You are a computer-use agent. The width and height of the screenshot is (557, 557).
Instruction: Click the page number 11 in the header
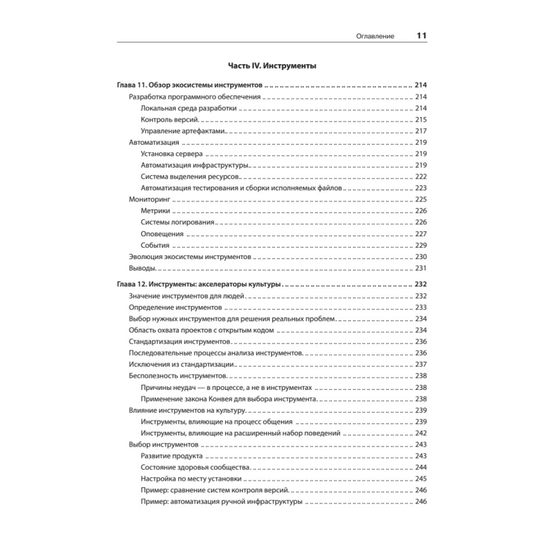click(x=421, y=36)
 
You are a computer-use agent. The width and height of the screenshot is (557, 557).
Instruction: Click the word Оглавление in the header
click(x=375, y=36)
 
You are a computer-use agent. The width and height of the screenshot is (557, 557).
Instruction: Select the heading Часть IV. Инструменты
click(x=272, y=66)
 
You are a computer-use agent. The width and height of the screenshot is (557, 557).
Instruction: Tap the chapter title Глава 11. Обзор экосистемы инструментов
click(x=189, y=86)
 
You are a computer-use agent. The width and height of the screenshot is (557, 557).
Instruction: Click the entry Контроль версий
click(x=170, y=120)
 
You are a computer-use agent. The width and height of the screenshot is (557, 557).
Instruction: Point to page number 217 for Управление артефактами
click(x=421, y=131)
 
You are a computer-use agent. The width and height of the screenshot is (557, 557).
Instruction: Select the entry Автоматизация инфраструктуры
click(x=194, y=165)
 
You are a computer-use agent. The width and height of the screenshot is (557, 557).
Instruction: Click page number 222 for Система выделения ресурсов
click(x=421, y=177)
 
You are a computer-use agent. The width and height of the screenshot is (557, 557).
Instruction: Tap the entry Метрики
click(x=155, y=211)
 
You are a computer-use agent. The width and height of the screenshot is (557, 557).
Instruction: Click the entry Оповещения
click(x=163, y=234)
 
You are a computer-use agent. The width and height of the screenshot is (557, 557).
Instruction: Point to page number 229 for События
click(x=421, y=245)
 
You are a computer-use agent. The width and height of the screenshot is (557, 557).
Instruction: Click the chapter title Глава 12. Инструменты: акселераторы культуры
click(x=199, y=285)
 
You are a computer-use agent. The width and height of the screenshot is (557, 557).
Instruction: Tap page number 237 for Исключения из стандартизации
click(x=421, y=364)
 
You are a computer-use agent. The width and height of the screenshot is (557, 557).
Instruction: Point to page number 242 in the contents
click(x=421, y=433)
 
